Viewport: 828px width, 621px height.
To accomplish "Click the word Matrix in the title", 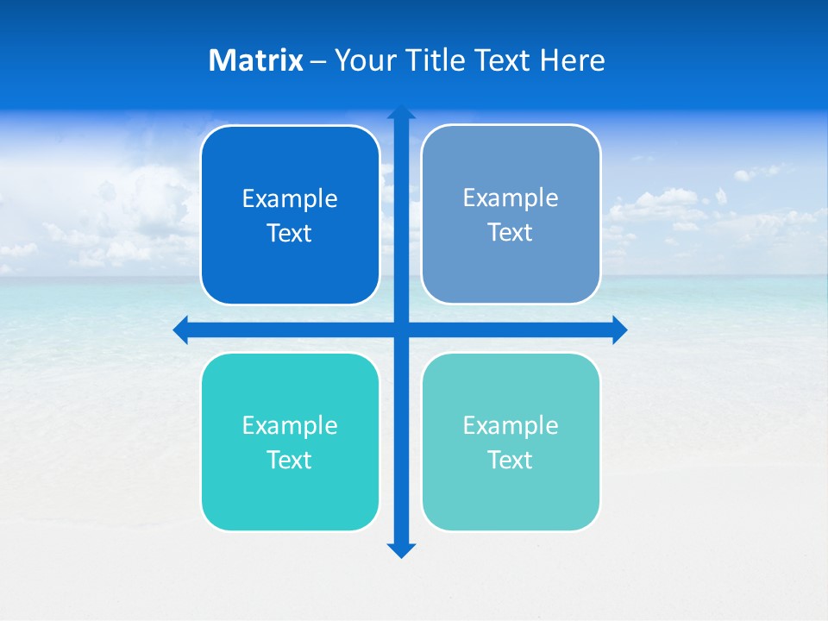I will (256, 60).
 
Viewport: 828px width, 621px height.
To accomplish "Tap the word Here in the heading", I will (573, 60).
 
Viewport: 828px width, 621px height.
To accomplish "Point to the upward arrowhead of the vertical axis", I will (401, 112).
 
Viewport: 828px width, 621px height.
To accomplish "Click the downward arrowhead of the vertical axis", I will (401, 550).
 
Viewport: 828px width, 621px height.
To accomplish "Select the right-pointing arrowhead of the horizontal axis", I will (619, 329).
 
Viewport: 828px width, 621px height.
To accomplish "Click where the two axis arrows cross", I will (401, 329).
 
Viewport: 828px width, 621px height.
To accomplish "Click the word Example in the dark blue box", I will (290, 199).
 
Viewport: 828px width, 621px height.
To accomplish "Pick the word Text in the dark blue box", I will (290, 234).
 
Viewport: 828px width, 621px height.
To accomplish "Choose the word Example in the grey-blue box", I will (511, 198).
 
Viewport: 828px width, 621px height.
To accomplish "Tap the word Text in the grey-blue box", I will (511, 233).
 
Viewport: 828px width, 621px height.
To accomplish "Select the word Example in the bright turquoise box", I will (290, 426).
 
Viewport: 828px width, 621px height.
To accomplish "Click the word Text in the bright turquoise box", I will (290, 461).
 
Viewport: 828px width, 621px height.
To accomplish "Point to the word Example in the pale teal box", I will (511, 426).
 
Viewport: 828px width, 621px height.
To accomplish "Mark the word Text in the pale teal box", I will (511, 461).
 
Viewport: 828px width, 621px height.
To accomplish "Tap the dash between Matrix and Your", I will (318, 61).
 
